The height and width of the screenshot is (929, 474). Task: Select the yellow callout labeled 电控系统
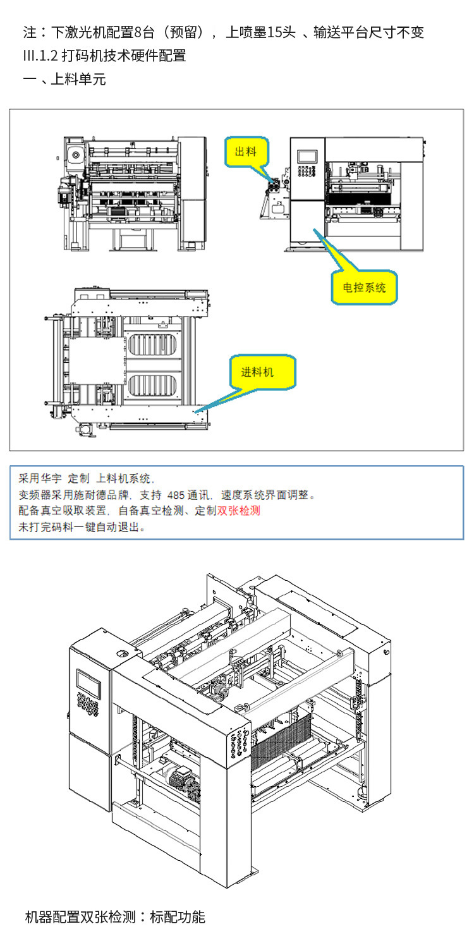tap(364, 288)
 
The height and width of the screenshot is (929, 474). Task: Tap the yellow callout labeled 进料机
tap(262, 372)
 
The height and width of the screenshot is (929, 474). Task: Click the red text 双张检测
tap(239, 511)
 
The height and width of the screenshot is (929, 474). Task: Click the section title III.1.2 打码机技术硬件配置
tap(104, 55)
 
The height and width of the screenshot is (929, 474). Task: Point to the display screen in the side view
tap(307, 155)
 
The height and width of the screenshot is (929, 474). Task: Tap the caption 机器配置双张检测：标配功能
tap(115, 916)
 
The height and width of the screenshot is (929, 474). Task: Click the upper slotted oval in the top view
tap(155, 345)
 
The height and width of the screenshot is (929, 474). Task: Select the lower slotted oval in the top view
tap(155, 386)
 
